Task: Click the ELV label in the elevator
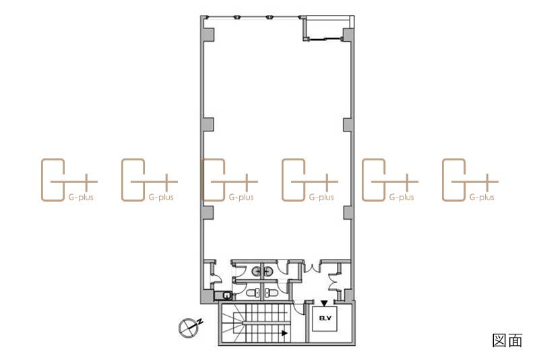[325, 318]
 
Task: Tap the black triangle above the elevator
[324, 303]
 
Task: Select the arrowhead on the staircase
[284, 333]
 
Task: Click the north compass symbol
[189, 328]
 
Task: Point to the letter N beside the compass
[199, 322]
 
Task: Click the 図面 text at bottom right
[507, 340]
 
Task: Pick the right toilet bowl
[272, 293]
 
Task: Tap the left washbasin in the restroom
[256, 272]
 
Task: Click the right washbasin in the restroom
[268, 272]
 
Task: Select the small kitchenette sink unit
[223, 295]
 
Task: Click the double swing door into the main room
[312, 266]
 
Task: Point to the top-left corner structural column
[208, 34]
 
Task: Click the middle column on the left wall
[208, 125]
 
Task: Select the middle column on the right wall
[348, 125]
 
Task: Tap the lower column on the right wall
[348, 213]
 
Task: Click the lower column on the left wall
[208, 213]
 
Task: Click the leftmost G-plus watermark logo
[69, 180]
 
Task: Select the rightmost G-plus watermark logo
[470, 180]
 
